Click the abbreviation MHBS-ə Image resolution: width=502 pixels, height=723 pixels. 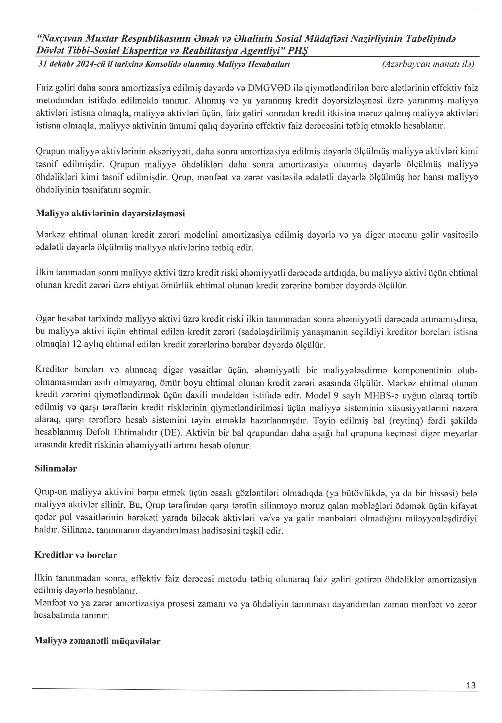(x=379, y=395)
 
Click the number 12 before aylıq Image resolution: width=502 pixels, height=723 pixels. (x=77, y=345)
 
